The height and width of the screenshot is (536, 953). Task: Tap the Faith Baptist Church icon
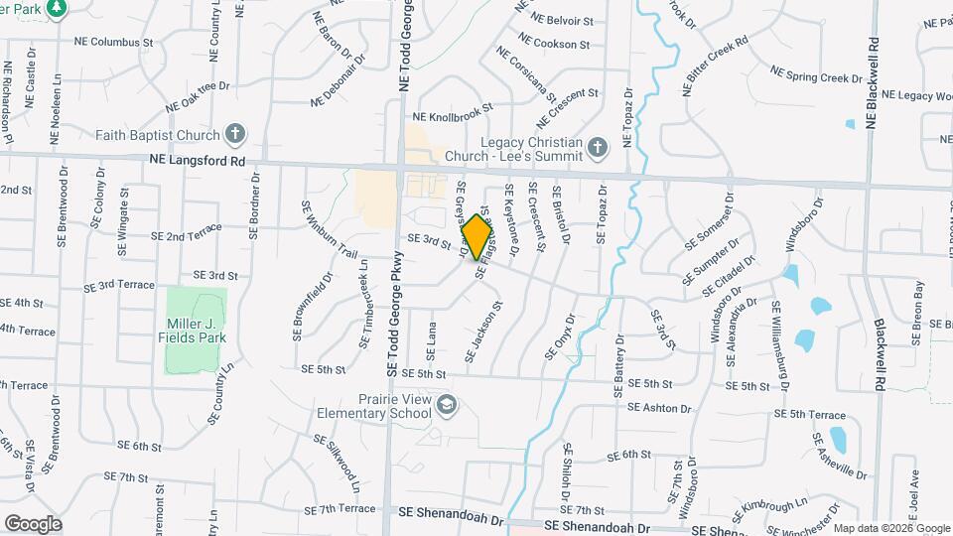(235, 134)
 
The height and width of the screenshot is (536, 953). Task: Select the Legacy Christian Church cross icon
(596, 149)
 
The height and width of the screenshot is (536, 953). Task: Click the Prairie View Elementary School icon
(447, 404)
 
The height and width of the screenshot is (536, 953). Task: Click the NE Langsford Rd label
(197, 159)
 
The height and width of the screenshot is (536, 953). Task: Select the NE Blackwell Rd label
(873, 83)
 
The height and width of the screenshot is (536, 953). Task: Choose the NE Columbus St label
(114, 43)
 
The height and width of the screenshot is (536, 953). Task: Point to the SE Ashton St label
(658, 406)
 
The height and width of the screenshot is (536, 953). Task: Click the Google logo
(33, 523)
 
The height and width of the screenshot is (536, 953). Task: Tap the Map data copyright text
(891, 528)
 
